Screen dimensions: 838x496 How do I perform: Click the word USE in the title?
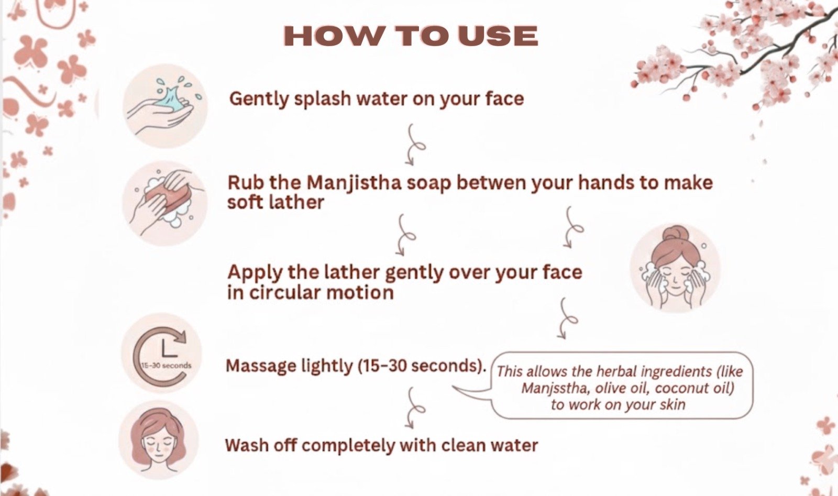pyautogui.click(x=498, y=36)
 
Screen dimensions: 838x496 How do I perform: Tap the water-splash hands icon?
pyautogui.click(x=165, y=105)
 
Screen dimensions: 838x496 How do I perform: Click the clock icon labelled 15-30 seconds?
pyautogui.click(x=161, y=353)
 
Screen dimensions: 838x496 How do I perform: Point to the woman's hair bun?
pyautogui.click(x=675, y=235)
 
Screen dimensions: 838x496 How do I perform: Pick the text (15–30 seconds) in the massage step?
pyautogui.click(x=422, y=366)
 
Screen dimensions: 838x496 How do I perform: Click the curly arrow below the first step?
pyautogui.click(x=414, y=145)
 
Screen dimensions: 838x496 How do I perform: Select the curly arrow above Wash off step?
pyautogui.click(x=414, y=407)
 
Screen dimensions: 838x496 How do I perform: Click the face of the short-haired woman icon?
pyautogui.click(x=158, y=447)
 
